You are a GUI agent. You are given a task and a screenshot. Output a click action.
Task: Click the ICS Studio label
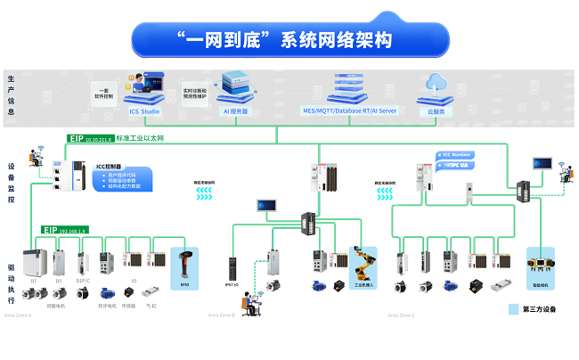[x=146, y=112]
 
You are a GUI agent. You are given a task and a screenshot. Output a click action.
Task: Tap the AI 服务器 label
[x=235, y=112]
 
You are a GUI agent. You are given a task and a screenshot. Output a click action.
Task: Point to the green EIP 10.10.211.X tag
[x=91, y=139]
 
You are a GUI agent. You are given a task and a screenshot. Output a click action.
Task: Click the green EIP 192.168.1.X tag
[x=64, y=229]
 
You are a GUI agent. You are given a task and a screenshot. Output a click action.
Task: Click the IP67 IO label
[x=231, y=284]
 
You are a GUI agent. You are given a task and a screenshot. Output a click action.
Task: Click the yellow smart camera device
[x=542, y=264]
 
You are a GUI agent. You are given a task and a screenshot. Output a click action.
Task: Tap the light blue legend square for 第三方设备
[x=513, y=310]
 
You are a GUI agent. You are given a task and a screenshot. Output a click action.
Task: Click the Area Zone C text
[x=402, y=315]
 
